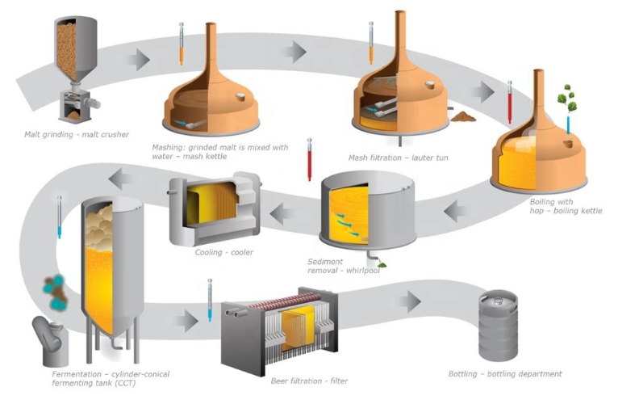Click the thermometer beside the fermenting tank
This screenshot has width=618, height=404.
(59, 217)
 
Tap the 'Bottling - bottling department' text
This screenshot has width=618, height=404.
(505, 374)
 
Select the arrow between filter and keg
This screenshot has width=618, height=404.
(408, 303)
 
